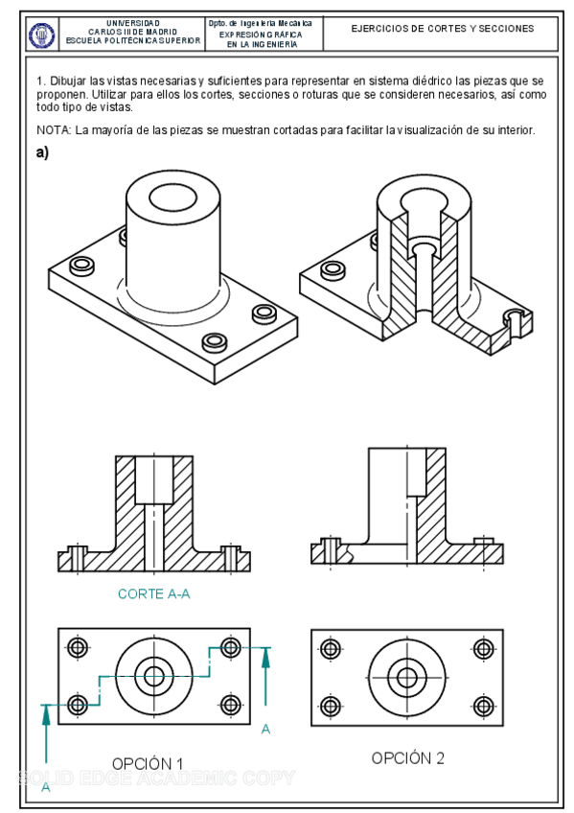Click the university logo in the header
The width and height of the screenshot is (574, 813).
point(42,35)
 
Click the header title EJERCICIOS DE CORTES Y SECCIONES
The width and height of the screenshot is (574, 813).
point(442,30)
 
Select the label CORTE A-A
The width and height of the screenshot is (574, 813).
point(153,594)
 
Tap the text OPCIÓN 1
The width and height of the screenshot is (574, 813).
point(148,763)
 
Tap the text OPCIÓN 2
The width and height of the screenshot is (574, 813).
point(408,758)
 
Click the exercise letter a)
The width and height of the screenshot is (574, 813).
point(43,152)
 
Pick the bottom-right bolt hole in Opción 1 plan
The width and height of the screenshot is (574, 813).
point(230,707)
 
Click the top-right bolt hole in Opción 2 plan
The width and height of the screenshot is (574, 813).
point(482,647)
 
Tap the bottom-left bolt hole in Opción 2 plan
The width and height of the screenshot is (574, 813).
point(331,707)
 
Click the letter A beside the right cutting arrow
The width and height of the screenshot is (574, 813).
point(265,730)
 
